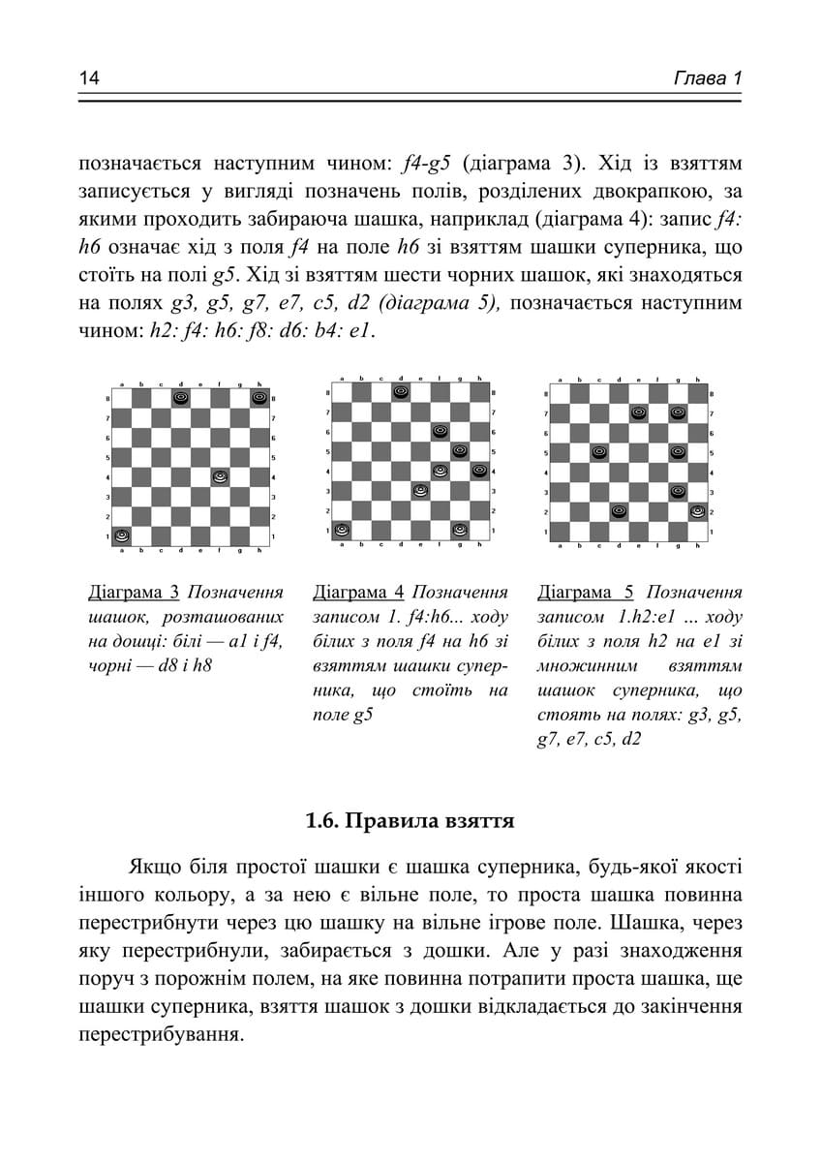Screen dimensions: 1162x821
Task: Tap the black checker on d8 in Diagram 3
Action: [x=180, y=397]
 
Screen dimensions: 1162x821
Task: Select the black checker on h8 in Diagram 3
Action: [x=258, y=397]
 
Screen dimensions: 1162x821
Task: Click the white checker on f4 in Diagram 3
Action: [x=220, y=476]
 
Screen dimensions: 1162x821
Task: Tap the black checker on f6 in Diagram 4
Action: [x=440, y=431]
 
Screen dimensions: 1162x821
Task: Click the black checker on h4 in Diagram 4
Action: [x=479, y=471]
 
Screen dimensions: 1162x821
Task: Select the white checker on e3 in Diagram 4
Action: [x=420, y=490]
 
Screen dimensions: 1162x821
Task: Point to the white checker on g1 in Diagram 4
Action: [x=459, y=530]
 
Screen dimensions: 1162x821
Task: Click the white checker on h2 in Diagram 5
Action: [x=697, y=510]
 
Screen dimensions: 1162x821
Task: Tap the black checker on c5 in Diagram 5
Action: [x=599, y=452]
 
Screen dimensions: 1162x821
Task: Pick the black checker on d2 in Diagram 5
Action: [x=619, y=510]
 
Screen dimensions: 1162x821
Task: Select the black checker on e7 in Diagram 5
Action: [x=639, y=413]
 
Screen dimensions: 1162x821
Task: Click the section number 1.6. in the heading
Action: [x=323, y=822]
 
